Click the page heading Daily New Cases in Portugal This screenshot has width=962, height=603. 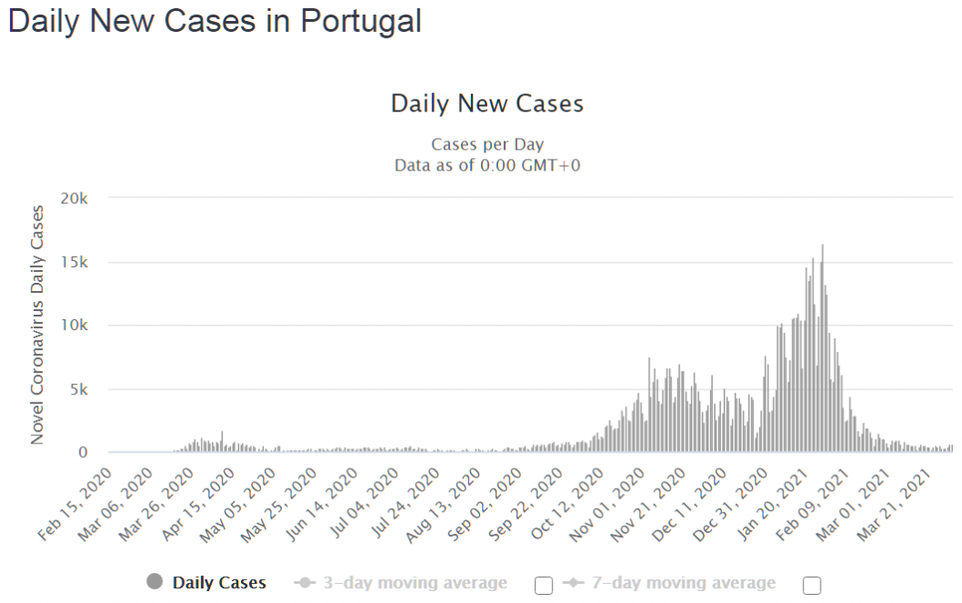tap(214, 22)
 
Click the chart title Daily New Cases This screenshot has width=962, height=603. tap(487, 104)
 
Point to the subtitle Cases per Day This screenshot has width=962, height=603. tap(487, 145)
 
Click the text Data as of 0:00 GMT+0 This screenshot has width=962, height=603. tap(487, 166)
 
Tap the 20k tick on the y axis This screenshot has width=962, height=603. tap(74, 199)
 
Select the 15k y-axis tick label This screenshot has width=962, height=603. tap(74, 263)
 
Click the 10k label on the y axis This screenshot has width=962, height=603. tap(74, 326)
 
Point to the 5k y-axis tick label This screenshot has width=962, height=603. tap(79, 390)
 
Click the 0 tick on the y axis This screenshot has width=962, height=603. tap(83, 452)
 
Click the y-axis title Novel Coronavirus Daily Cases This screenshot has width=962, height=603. tap(37, 325)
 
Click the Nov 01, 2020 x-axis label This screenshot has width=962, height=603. tap(607, 504)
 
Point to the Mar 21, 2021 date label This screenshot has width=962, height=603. tap(894, 504)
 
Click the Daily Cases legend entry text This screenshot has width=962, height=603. tap(219, 583)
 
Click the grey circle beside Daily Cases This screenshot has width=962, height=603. tap(154, 581)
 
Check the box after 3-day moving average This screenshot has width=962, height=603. tap(544, 586)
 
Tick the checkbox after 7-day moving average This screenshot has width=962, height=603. tap(811, 586)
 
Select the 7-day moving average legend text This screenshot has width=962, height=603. tap(684, 583)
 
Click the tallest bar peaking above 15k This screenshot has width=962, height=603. tap(822, 348)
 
